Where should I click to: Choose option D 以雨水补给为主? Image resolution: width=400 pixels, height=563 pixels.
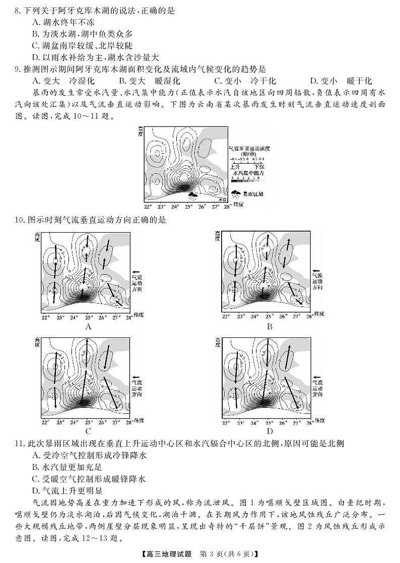pyautogui.click(x=60, y=57)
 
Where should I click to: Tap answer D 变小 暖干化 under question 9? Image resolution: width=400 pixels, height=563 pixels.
pyautogui.click(x=340, y=81)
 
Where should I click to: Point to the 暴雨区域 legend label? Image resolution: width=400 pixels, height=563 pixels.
pyautogui.click(x=253, y=193)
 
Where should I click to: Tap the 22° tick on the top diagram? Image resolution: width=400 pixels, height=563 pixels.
pyautogui.click(x=148, y=206)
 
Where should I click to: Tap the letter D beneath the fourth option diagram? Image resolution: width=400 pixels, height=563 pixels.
pyautogui.click(x=269, y=431)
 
